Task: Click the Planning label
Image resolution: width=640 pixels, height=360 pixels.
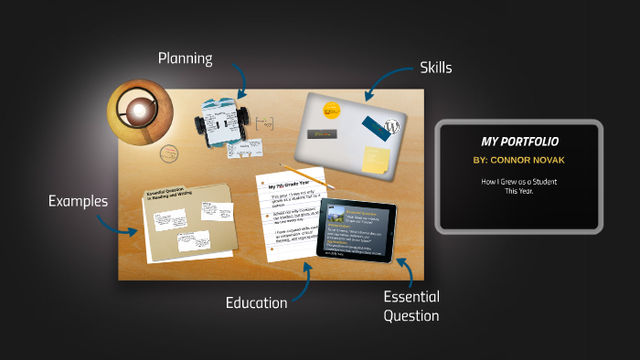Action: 185,59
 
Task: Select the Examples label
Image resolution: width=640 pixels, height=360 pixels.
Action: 79,201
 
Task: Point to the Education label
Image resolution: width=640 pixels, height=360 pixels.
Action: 257,302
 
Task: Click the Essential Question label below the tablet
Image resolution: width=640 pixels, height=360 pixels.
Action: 411,306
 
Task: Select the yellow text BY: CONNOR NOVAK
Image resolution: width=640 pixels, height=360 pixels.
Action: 519,161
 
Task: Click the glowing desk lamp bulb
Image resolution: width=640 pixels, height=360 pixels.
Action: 138,111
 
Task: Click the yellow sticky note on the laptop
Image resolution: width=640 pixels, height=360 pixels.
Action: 376,159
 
